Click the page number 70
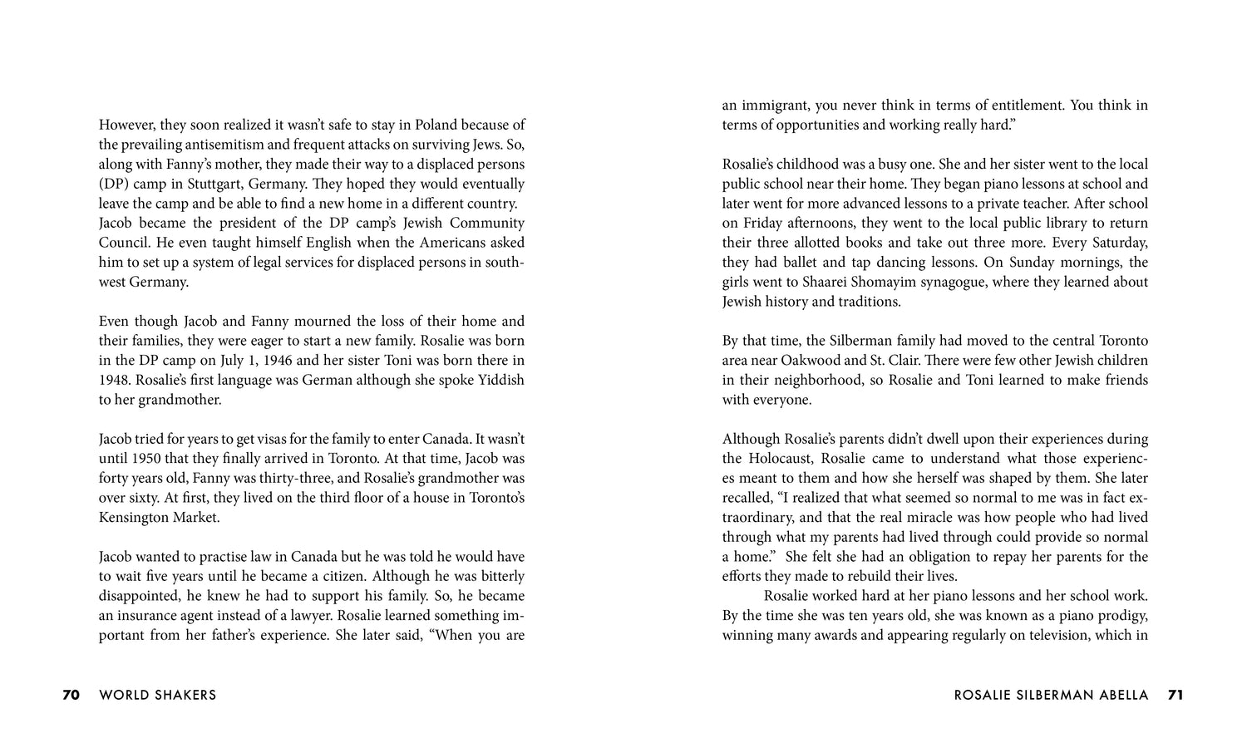[x=71, y=695]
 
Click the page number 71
[x=1175, y=695]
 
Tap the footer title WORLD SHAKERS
[x=157, y=695]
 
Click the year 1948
[x=116, y=380]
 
